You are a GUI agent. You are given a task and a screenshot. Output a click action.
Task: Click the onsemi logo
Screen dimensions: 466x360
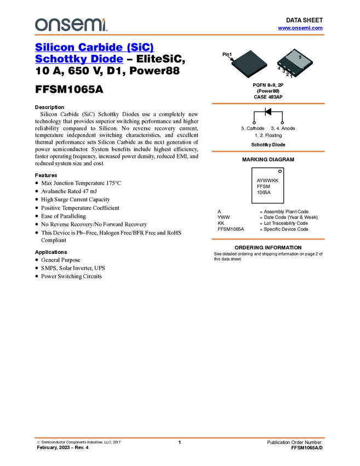(71, 25)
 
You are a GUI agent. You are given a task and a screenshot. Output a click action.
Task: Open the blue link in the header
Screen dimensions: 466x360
(300, 28)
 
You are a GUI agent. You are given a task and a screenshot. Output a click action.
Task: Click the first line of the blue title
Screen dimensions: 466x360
(95, 47)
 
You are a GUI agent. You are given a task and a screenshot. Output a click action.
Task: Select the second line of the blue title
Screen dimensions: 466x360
(79, 59)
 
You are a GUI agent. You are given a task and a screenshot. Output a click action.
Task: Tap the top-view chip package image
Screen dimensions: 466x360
(249, 64)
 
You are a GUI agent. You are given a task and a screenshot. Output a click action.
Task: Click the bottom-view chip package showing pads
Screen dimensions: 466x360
(295, 63)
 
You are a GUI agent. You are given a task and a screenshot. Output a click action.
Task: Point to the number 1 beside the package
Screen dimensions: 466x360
(230, 55)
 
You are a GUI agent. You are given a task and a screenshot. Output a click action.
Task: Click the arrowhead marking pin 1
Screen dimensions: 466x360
(232, 59)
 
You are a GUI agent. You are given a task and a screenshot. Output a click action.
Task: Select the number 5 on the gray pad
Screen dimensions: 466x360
(300, 57)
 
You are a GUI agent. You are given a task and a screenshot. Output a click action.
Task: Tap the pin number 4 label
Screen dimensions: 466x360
(279, 69)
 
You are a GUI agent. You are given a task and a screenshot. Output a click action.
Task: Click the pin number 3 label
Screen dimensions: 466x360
(283, 71)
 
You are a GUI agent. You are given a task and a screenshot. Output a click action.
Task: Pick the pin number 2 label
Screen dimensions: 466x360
(288, 74)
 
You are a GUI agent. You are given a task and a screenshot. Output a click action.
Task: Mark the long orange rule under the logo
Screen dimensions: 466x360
(179, 35)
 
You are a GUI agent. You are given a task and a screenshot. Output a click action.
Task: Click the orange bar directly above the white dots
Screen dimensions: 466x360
(268, 103)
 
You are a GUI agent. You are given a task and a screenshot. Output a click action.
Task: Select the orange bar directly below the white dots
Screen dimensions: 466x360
(268, 151)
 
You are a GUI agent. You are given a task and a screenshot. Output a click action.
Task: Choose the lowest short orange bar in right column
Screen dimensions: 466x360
(268, 239)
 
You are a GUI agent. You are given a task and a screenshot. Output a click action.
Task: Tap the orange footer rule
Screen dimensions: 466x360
(179, 437)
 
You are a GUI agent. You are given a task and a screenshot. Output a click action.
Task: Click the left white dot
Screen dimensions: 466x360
(254, 123)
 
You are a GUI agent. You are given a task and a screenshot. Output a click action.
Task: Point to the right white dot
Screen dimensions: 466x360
(282, 123)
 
